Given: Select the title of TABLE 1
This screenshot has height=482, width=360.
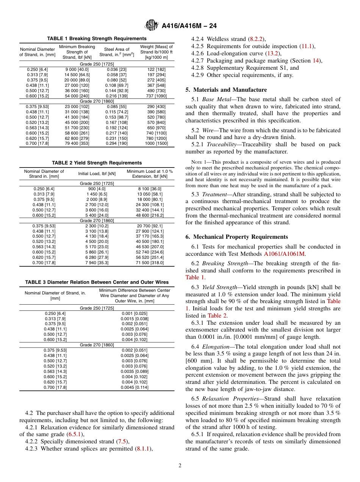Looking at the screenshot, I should click(97, 39).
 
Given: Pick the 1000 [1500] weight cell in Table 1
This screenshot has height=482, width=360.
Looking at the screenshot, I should click(156, 144).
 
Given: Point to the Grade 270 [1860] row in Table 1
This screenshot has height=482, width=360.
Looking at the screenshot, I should click(97, 101).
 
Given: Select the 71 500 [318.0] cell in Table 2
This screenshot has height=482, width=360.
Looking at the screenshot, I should click(150, 263).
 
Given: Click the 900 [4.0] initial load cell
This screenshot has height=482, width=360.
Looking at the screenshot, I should click(97, 189).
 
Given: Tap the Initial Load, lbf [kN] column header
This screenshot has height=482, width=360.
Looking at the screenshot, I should click(97, 174).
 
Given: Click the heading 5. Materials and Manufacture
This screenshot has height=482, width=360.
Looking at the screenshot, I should click(226, 90).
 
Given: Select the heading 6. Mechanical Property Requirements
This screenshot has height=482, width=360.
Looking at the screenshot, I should click(236, 237).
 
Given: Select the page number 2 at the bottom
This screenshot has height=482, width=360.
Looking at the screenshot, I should click(180, 466).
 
